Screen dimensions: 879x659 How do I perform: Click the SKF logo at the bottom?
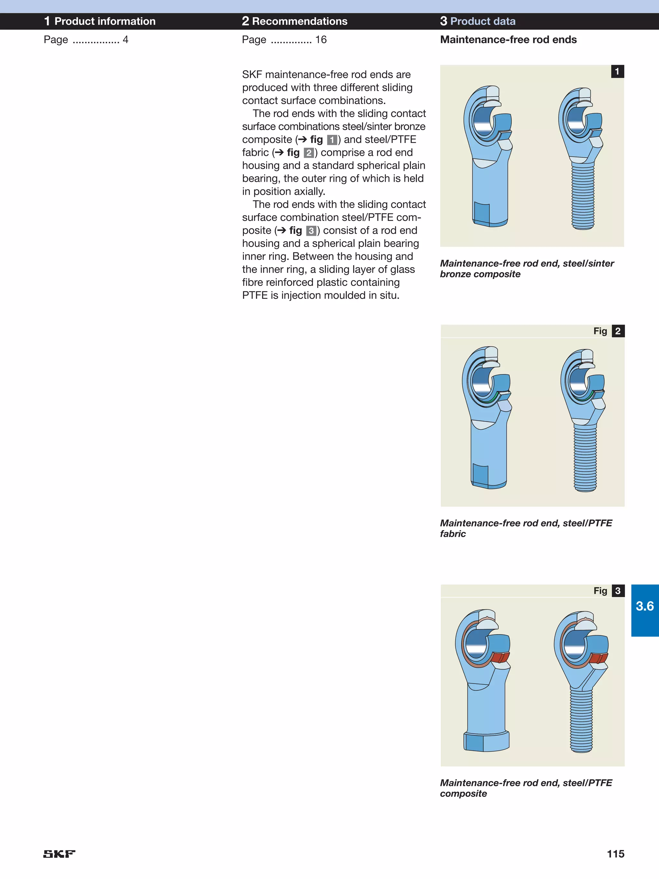click(x=59, y=854)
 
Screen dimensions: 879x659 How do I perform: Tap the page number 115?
click(x=615, y=854)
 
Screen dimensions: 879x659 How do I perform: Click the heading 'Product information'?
click(x=105, y=22)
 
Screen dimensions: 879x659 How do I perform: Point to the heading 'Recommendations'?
click(x=300, y=22)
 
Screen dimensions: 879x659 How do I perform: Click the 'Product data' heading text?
click(x=483, y=22)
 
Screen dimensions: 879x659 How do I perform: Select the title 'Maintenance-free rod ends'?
click(x=508, y=40)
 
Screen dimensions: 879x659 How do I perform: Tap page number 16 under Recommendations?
click(x=320, y=40)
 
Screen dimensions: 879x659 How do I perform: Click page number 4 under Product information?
click(x=125, y=40)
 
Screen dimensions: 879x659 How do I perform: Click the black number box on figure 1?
click(x=617, y=71)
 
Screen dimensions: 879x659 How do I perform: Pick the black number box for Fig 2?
click(x=618, y=331)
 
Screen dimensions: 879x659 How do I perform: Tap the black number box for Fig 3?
click(x=618, y=591)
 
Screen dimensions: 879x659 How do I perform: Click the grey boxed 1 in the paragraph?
click(x=332, y=140)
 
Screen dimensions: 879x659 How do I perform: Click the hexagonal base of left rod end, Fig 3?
click(x=487, y=742)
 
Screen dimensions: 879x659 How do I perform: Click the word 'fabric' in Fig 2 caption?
click(x=452, y=534)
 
